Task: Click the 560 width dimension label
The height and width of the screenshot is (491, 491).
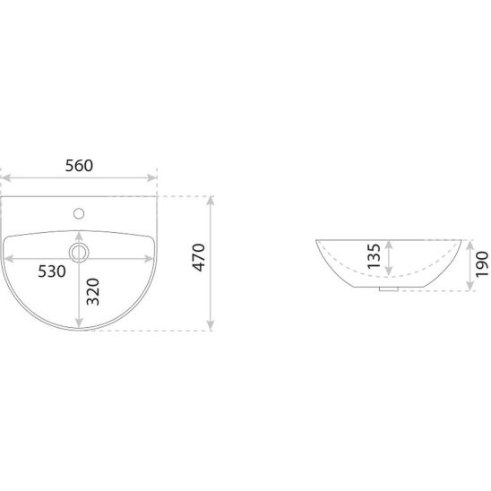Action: coord(79,166)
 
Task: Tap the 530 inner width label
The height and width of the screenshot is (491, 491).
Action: coord(52,271)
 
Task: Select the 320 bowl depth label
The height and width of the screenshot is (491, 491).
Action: coord(93,291)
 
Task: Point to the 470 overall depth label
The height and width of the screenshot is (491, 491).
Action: coord(199,257)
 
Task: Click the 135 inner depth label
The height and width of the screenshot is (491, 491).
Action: coord(374,256)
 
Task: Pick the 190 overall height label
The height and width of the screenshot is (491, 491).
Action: coord(482,264)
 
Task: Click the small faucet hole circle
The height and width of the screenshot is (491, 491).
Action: coord(79,213)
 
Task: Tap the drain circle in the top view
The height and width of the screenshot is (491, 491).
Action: coord(79,253)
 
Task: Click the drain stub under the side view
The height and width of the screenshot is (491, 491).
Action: coord(389,289)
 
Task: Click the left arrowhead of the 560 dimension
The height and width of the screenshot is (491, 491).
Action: coord(6,178)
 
